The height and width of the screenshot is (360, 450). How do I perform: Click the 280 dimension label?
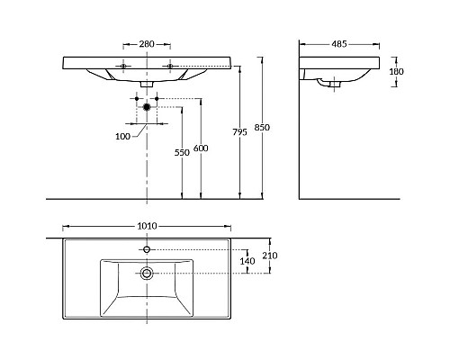point(147,44)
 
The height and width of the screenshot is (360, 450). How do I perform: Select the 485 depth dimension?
point(339,44)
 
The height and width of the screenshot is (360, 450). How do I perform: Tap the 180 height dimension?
point(396,71)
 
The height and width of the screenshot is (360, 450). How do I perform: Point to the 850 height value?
point(262,127)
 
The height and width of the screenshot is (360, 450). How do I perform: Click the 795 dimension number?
point(240,132)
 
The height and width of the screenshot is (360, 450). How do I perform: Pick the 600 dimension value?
point(201,148)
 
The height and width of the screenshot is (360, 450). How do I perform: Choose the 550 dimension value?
point(182,153)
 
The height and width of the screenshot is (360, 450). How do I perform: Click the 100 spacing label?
point(123,137)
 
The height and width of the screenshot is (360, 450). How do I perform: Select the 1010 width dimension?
point(147,226)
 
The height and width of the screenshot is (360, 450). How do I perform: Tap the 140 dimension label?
point(247,261)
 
